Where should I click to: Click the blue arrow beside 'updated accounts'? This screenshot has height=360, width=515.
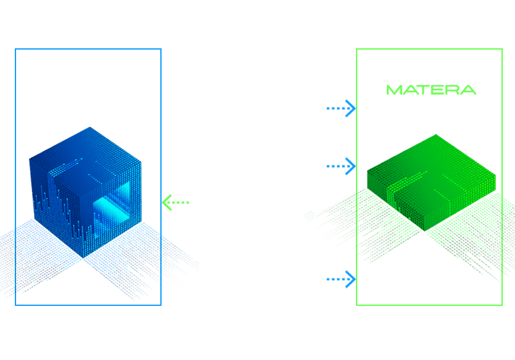coord(341,108)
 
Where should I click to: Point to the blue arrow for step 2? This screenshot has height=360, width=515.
coord(341,166)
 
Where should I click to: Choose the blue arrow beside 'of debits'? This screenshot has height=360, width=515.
coord(341,279)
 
